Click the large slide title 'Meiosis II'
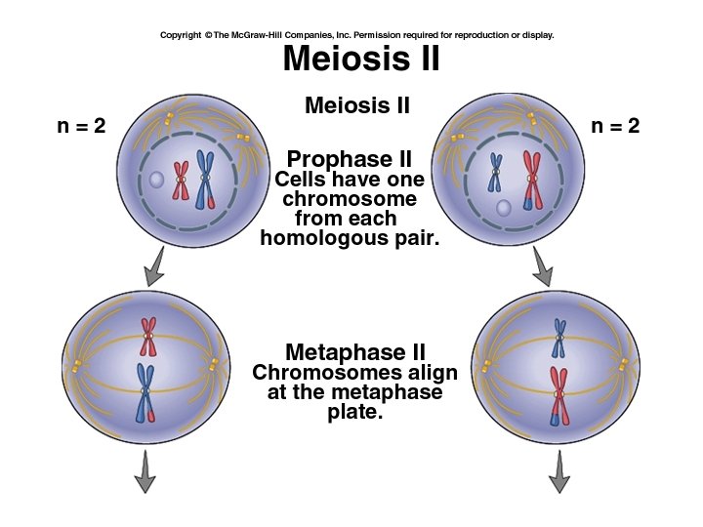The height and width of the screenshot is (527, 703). pos(360,60)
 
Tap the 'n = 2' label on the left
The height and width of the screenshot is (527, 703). pos(81,127)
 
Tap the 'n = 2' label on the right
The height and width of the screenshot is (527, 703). pos(615,127)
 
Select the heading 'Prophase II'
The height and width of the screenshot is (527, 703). pos(349,159)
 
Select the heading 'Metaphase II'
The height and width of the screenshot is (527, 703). pos(354,351)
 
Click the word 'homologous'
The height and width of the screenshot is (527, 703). pos(323,237)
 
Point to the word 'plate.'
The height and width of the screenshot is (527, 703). pos(354,413)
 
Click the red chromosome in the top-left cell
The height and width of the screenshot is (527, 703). pos(181,180)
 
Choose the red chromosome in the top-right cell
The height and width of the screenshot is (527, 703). pos(531,180)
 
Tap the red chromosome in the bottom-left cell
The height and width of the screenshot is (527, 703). pos(147,336)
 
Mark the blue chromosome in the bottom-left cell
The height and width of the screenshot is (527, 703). pos(145,390)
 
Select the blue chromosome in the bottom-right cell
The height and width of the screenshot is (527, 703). pos(558,339)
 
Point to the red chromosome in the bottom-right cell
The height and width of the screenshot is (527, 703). pos(558,395)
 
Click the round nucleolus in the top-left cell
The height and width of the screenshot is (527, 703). pos(156,181)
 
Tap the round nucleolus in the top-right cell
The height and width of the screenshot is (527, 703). pos(503,208)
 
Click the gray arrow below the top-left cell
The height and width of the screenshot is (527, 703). pos(152,268)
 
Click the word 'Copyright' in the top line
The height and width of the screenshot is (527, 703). pos(181,35)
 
